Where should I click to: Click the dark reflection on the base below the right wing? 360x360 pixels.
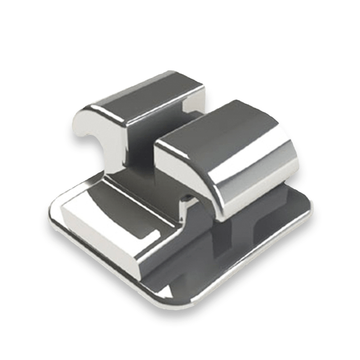click(238, 244)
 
